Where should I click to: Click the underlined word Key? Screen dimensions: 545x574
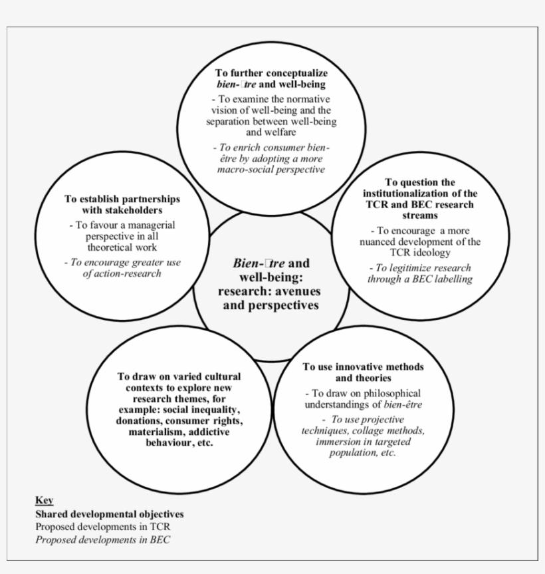coord(45,500)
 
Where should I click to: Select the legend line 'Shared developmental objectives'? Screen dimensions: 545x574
coord(110,514)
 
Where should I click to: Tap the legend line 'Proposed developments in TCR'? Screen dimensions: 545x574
coord(103,527)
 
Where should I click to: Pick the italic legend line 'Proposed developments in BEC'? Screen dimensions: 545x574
coord(102,539)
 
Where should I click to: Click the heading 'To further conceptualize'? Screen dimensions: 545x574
coord(271,73)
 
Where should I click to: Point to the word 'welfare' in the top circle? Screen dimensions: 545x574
coord(271,132)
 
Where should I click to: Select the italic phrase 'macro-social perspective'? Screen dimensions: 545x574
coord(271,170)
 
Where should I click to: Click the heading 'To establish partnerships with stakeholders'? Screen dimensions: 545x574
coord(122,204)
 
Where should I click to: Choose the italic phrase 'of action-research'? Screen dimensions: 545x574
coord(122,273)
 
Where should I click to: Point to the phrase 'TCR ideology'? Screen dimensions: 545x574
coord(420,253)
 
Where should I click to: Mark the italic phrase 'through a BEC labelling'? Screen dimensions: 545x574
coord(420,279)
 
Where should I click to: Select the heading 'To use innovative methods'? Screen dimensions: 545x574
coord(363,366)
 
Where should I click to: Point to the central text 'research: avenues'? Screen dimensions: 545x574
coord(270,291)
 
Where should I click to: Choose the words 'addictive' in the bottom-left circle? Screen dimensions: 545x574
coord(209,432)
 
